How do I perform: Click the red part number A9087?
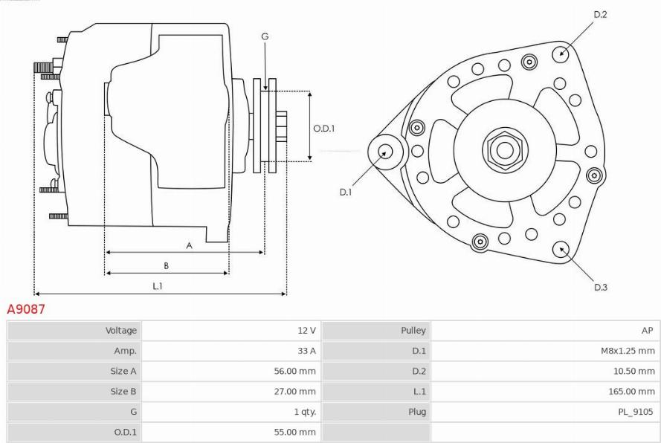point(26,309)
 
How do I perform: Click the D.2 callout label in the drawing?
point(601,14)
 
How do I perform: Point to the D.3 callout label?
point(601,287)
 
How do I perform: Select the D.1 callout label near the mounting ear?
point(346,192)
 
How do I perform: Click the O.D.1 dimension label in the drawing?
point(323,128)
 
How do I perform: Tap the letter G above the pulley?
point(265,36)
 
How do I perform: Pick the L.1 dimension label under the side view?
point(158,285)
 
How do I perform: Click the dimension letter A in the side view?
point(189,245)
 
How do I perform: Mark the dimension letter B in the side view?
point(166,265)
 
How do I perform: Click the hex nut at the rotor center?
point(504,150)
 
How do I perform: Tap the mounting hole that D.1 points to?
point(385,151)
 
